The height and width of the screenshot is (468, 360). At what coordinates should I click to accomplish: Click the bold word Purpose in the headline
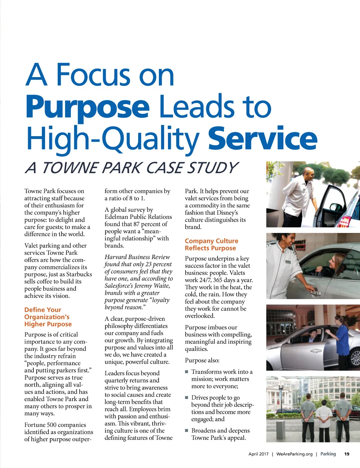tap(88, 107)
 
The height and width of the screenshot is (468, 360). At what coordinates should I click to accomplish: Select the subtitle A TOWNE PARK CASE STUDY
tap(131, 168)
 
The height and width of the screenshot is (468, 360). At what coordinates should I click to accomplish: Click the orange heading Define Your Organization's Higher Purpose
tap(48, 317)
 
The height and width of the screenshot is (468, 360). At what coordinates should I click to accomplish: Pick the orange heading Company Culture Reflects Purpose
tap(211, 245)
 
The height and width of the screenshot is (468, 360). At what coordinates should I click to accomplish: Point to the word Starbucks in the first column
tap(79, 274)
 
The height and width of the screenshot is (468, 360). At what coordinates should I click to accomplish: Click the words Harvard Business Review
tap(137, 257)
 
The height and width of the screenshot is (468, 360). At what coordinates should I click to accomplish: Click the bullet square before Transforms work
tap(187, 372)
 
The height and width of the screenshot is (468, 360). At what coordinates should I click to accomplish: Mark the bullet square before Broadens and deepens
tap(187, 431)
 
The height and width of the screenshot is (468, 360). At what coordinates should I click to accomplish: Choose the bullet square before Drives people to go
tap(187, 398)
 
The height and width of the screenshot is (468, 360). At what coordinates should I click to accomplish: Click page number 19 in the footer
tap(347, 454)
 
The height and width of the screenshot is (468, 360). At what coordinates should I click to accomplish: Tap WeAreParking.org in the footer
tap(294, 454)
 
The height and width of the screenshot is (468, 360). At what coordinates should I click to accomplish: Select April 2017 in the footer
tap(258, 454)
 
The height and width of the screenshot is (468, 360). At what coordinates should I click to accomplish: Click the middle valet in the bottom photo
tap(324, 419)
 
